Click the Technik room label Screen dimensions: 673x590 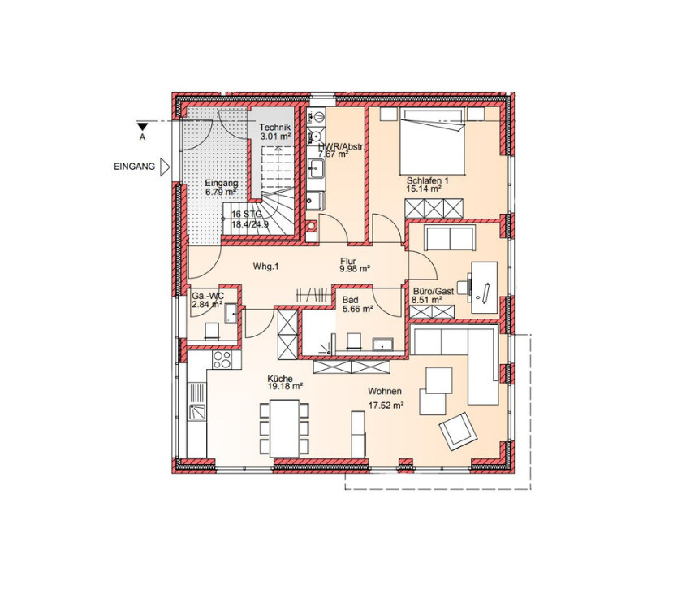[x=274, y=128]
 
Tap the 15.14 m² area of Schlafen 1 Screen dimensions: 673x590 [x=424, y=189]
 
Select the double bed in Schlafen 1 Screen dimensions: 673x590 [x=432, y=141]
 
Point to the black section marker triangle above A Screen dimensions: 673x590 [x=142, y=126]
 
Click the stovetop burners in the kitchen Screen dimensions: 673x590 [x=222, y=360]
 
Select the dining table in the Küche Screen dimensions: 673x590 [x=284, y=428]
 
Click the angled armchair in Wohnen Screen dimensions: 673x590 [x=458, y=431]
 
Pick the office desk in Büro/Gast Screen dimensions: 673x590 [x=485, y=287]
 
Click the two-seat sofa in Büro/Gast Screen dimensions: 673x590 [x=450, y=237]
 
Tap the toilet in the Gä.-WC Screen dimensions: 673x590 [x=213, y=332]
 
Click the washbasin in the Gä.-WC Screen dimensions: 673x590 [x=231, y=312]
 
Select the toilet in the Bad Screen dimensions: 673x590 [x=354, y=340]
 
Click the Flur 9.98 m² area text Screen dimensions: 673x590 [x=355, y=265]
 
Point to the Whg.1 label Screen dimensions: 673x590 [x=265, y=267]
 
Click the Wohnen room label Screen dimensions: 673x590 [x=385, y=392]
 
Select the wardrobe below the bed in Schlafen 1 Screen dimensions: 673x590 [x=434, y=208]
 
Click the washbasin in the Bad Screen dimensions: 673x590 [x=382, y=345]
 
